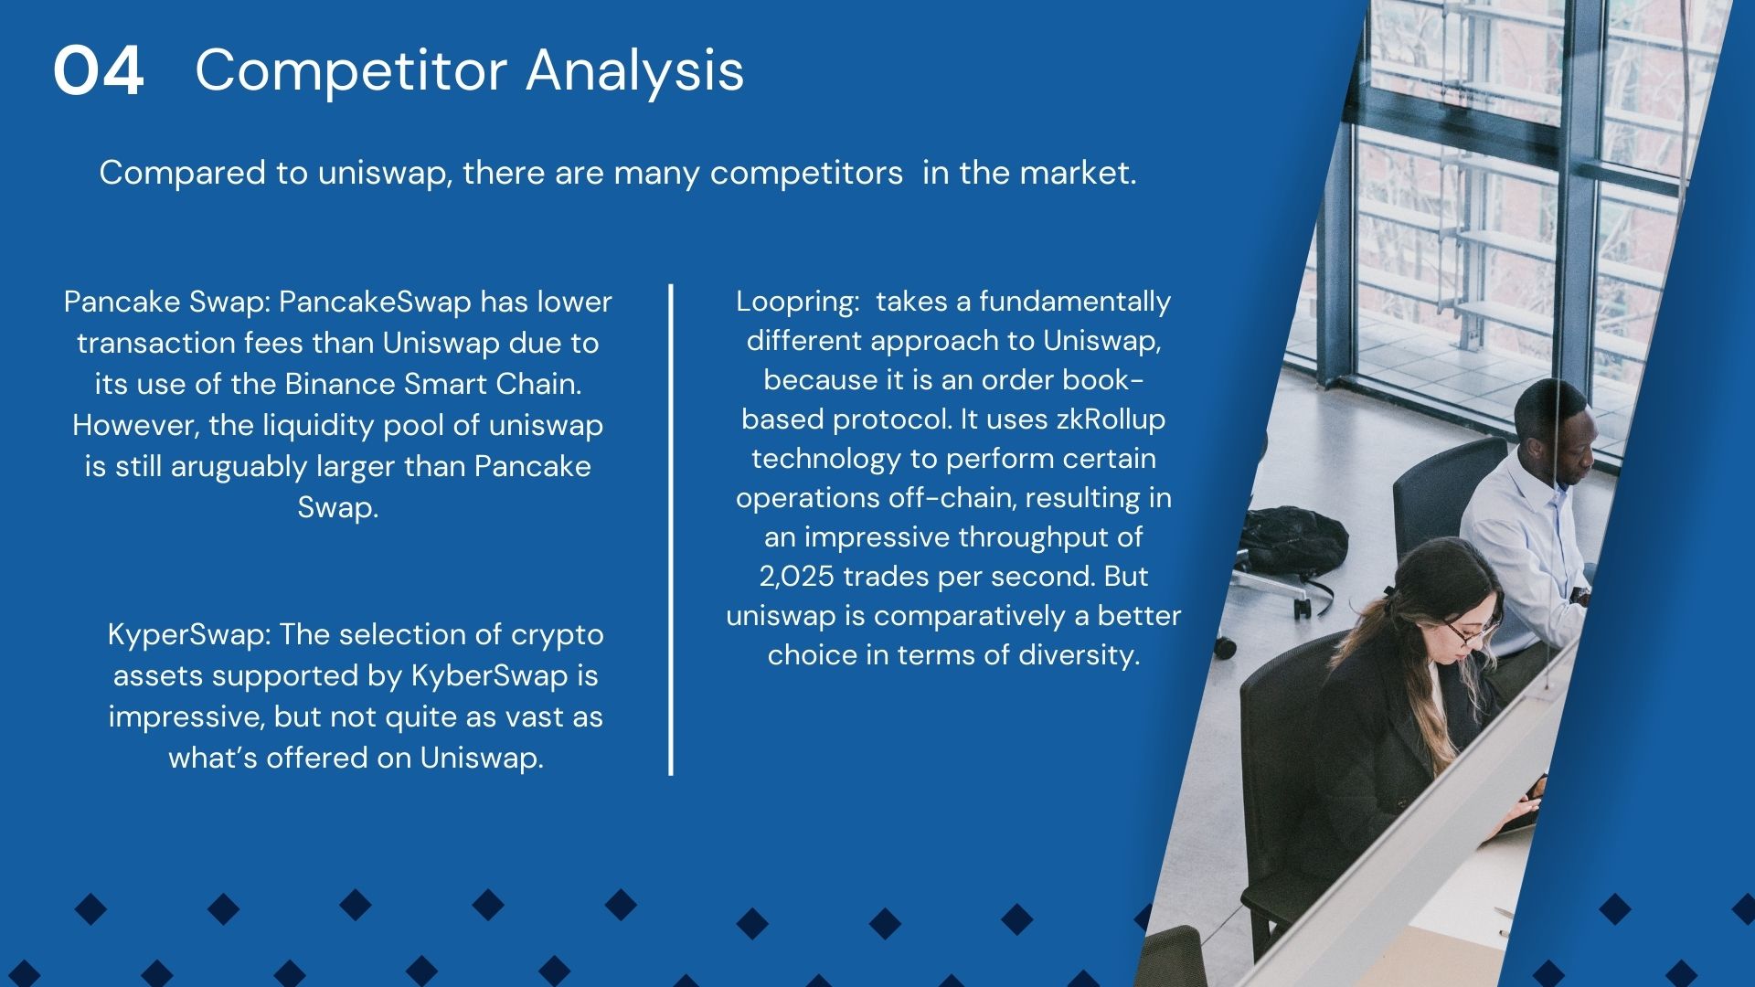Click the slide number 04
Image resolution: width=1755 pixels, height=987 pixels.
[99, 71]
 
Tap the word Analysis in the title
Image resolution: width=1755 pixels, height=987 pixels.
[635, 70]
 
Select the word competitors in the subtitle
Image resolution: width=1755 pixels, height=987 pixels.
[806, 173]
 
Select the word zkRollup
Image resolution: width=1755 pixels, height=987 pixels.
[1111, 419]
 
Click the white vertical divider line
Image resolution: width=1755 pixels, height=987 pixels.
[671, 530]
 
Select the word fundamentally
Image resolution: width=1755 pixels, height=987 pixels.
[1075, 302]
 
